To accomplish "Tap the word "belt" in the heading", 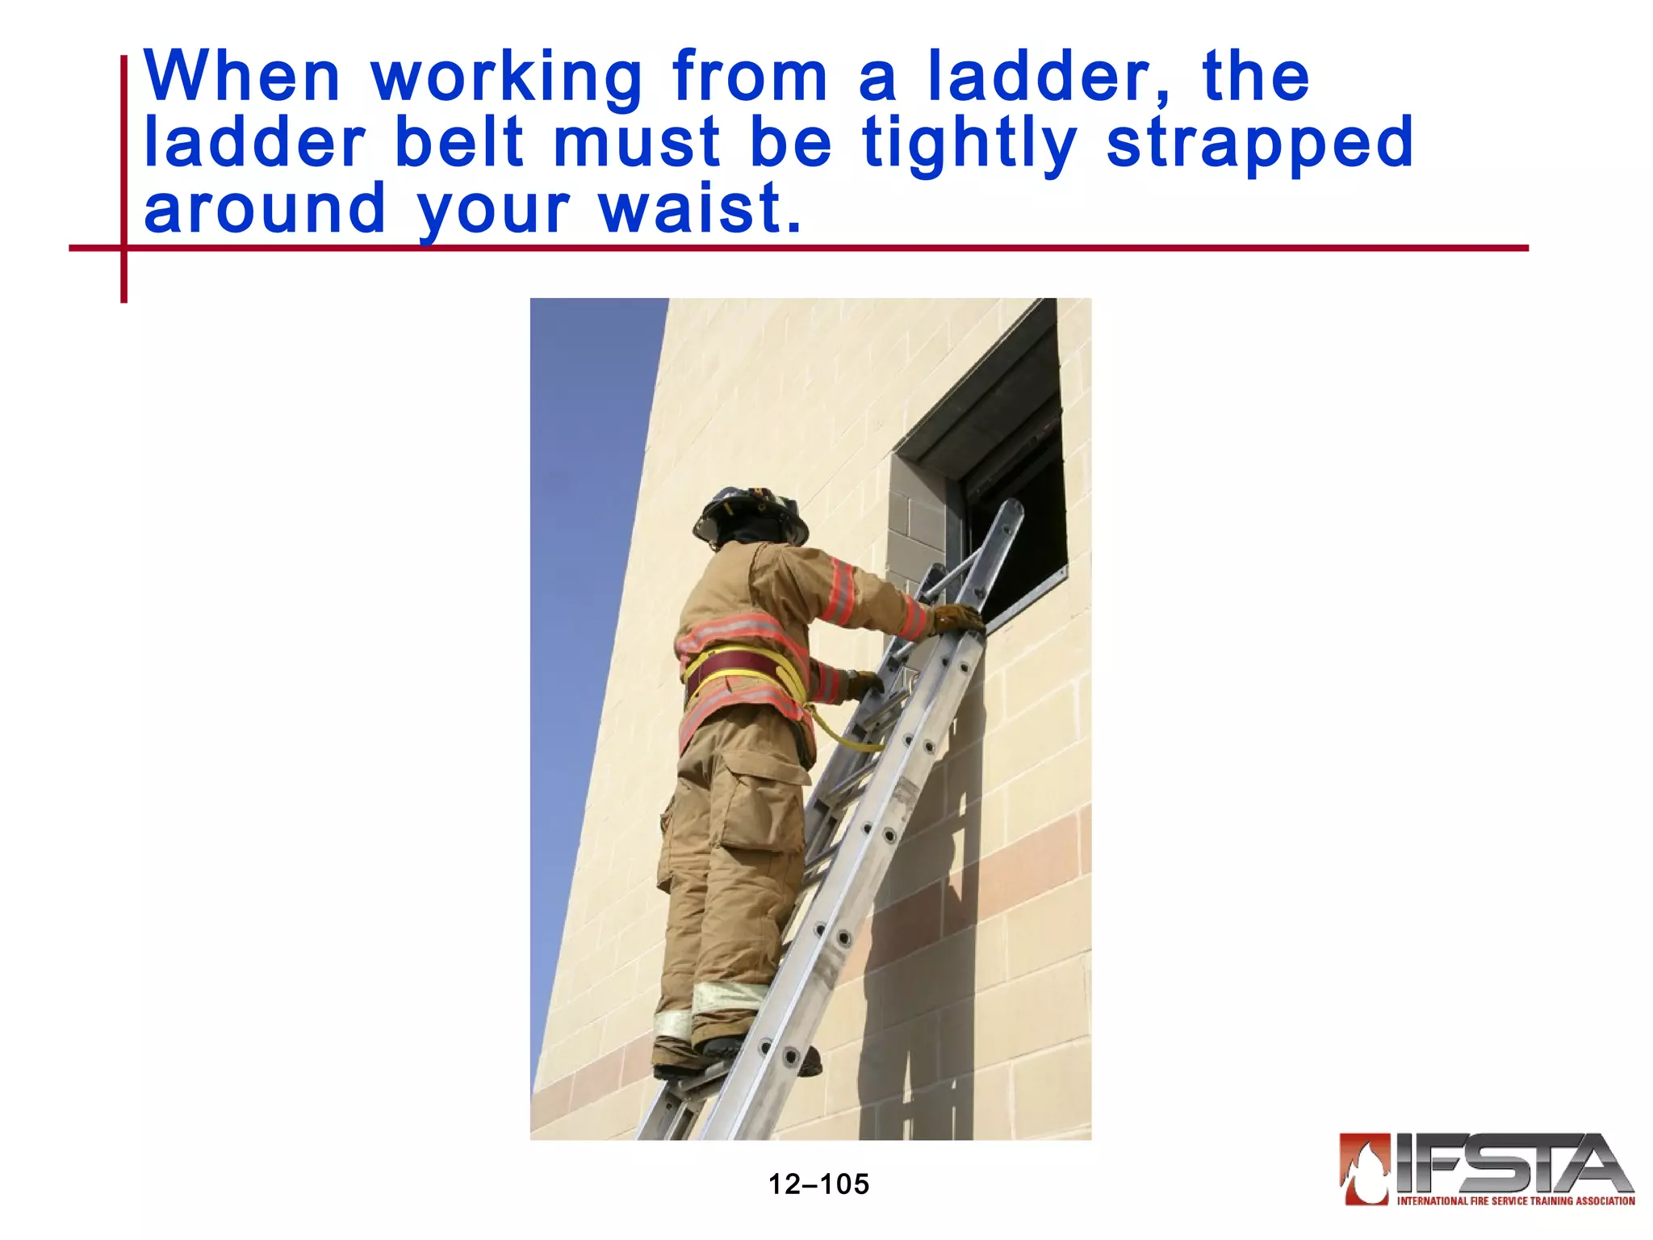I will (459, 143).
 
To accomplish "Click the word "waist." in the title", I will (700, 208).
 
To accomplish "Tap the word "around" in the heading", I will (265, 208).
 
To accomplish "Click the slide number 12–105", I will (818, 1184).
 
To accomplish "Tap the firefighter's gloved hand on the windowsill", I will (958, 618).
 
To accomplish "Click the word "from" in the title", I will (750, 77).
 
